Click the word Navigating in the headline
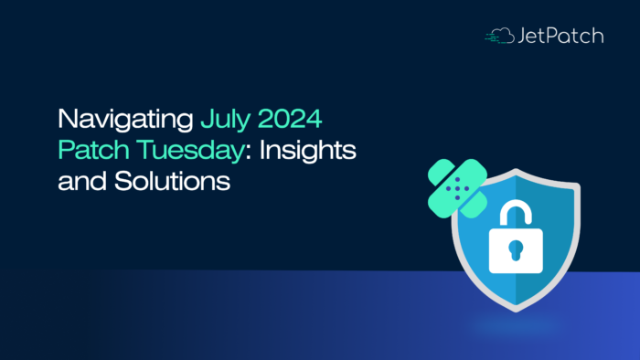(125, 120)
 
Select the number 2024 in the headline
(293, 120)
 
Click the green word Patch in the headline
(89, 150)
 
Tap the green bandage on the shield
(458, 188)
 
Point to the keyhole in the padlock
(515, 249)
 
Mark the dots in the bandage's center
(458, 188)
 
